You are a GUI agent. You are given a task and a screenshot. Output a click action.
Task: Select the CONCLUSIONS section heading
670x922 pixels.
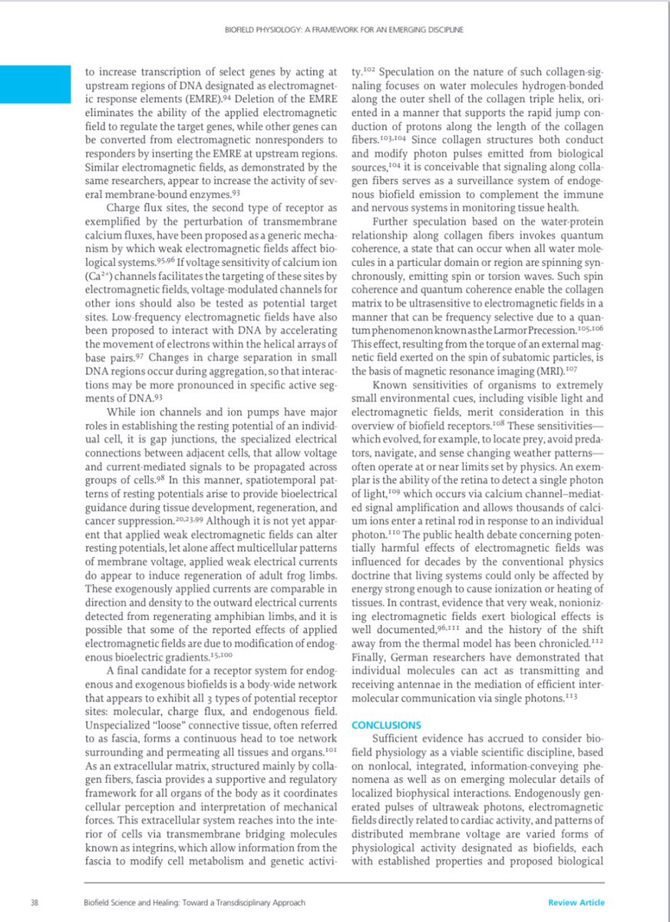tap(386, 725)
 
